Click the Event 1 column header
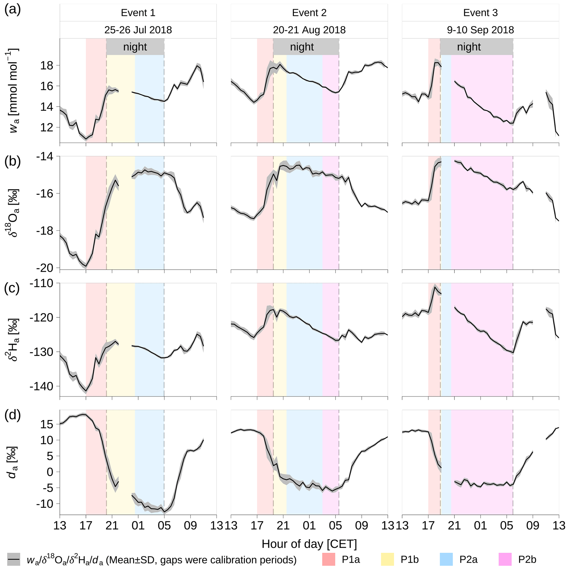click(x=138, y=13)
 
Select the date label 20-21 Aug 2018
click(x=309, y=30)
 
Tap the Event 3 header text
click(x=480, y=13)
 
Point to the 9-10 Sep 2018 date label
click(x=480, y=30)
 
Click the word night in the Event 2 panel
click(x=302, y=47)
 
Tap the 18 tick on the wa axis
click(x=47, y=66)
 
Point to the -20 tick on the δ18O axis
click(x=44, y=268)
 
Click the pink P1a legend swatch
click(x=328, y=559)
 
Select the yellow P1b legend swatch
click(x=387, y=559)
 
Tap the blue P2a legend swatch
click(x=446, y=559)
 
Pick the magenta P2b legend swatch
click(x=505, y=559)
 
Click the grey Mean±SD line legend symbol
click(x=14, y=559)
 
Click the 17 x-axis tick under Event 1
click(x=86, y=526)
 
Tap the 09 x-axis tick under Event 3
click(x=533, y=526)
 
